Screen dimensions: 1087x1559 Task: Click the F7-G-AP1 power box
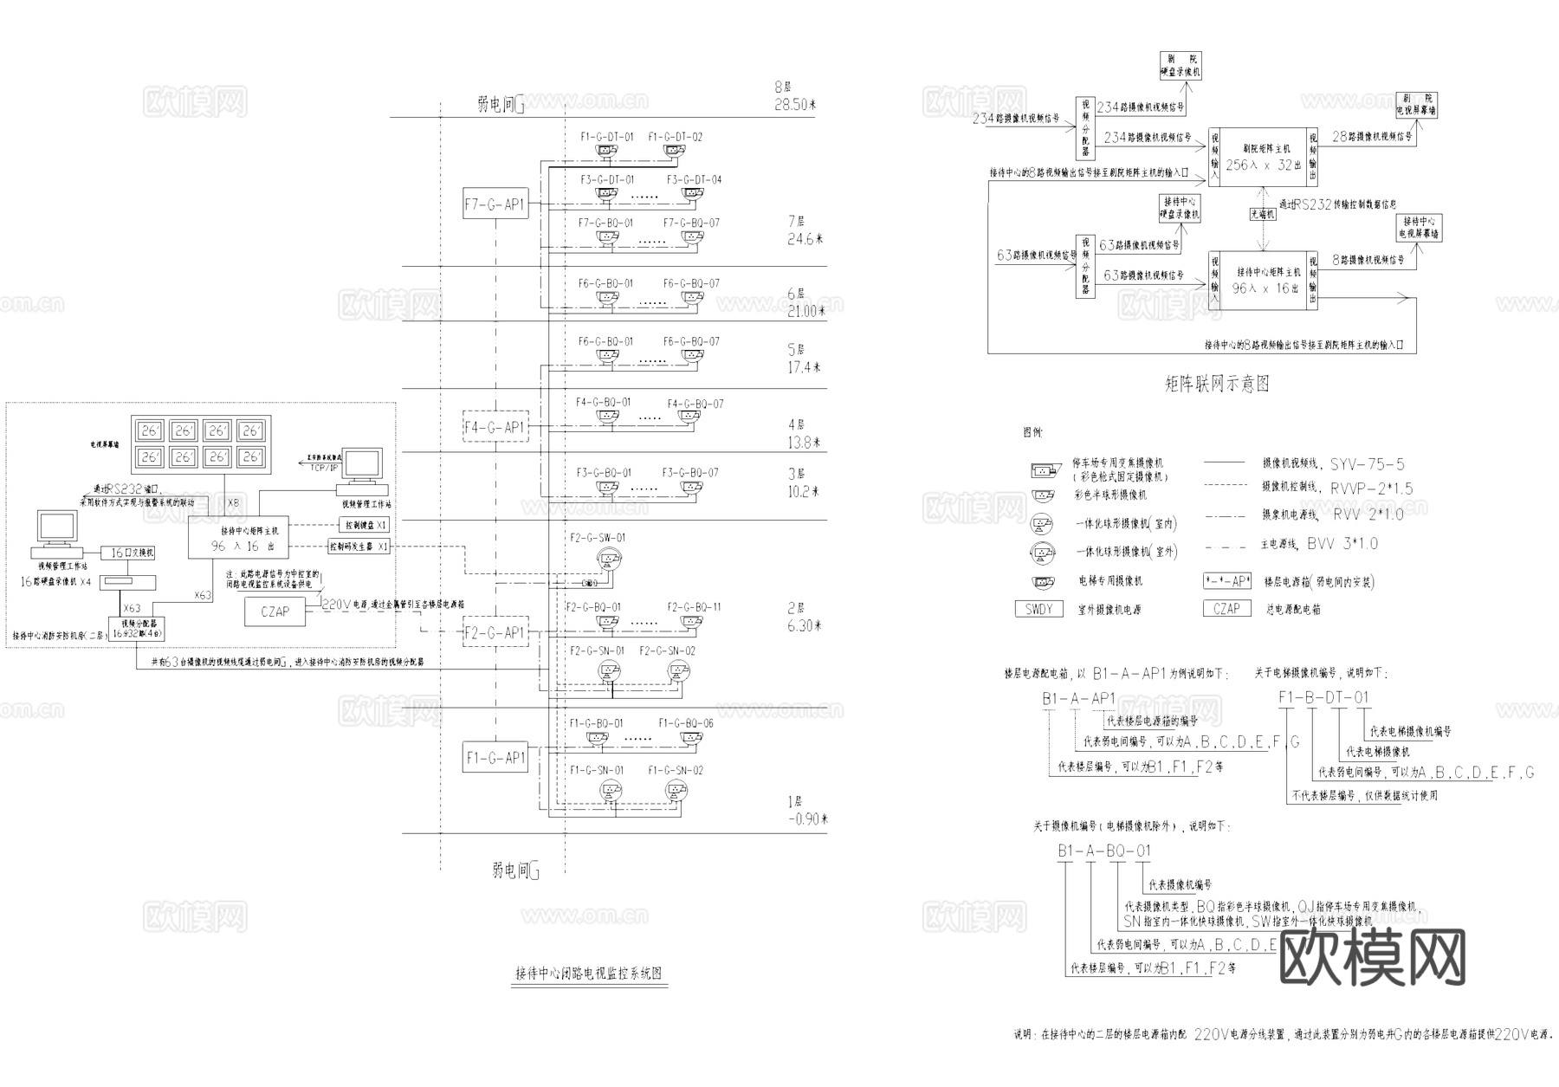point(495,204)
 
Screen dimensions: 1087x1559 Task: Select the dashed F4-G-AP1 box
point(495,427)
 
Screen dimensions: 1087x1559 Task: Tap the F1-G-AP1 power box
point(495,758)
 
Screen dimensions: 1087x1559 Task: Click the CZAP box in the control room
point(275,611)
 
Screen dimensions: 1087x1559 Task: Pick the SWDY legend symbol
point(1038,609)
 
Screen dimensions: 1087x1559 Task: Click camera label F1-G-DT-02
point(675,137)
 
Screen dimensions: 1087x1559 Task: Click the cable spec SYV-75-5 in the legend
point(1368,464)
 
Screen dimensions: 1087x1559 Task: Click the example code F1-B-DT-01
point(1324,697)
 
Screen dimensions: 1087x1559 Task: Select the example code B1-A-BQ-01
point(1104,851)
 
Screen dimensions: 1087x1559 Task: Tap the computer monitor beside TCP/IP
point(364,468)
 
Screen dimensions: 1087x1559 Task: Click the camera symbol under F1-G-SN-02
point(676,790)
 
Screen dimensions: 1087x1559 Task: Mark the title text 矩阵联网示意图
point(1216,384)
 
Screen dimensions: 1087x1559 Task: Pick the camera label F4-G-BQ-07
point(695,404)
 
